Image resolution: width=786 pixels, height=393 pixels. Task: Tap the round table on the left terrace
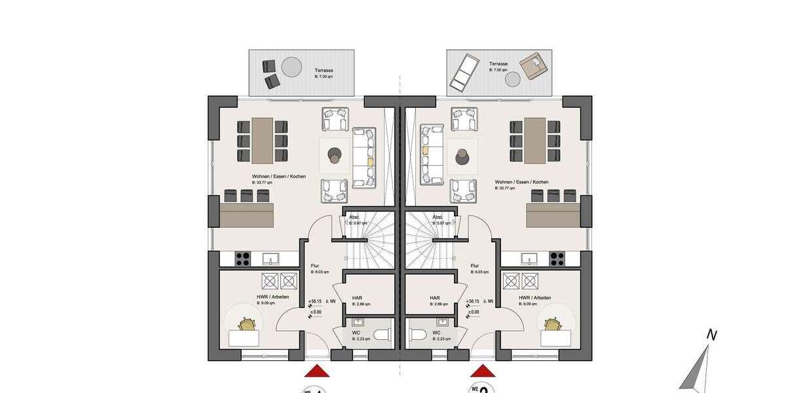[x=290, y=66]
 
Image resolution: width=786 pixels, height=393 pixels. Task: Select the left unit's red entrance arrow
[x=318, y=371]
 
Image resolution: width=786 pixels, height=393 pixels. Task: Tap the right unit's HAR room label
[x=434, y=297]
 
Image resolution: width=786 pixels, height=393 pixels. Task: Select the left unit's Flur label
[x=314, y=266]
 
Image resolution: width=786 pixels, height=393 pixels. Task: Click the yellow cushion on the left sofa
[x=370, y=160]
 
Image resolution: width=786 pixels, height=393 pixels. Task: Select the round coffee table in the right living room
[x=463, y=156]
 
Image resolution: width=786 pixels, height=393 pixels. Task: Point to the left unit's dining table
[x=263, y=140]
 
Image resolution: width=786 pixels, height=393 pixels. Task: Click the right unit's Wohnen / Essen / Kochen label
[x=521, y=181]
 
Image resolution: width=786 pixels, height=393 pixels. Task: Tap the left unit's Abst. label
[x=354, y=217]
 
